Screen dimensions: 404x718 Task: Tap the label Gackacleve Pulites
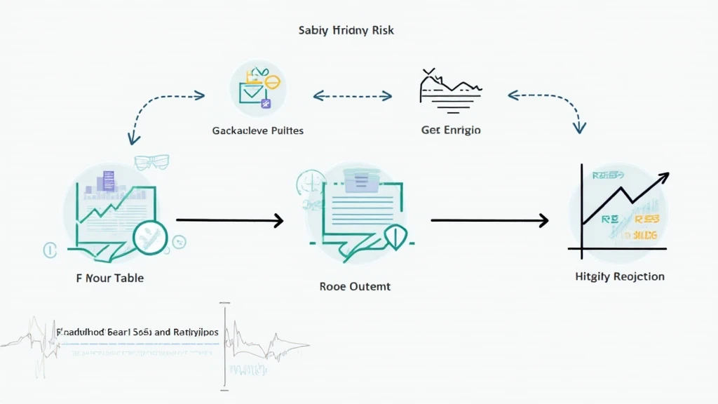pos(257,130)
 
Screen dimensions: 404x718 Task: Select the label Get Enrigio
pos(451,130)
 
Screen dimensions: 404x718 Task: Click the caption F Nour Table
pos(110,278)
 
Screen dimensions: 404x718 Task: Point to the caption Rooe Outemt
pos(355,286)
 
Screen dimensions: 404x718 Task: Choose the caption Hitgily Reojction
pos(619,276)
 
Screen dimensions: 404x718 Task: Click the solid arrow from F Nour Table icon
pos(229,221)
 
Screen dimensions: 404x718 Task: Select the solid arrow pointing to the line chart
pos(489,221)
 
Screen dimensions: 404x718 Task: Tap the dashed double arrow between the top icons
pos(352,94)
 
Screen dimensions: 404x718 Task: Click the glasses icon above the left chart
pos(152,162)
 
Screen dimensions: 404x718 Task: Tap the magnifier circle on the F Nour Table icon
pos(149,237)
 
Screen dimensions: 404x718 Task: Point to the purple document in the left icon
pos(107,180)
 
